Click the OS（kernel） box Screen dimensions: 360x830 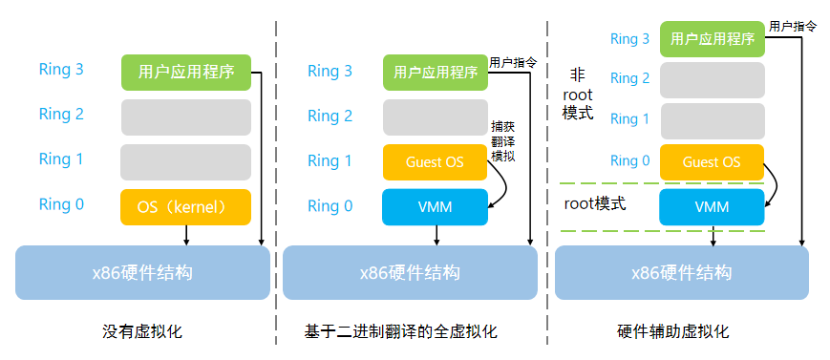click(185, 205)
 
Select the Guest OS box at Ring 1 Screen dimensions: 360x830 click(435, 162)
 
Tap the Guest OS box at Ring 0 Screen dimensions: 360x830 click(712, 162)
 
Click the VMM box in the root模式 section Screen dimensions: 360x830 click(712, 206)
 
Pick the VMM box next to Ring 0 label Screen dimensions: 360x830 click(435, 206)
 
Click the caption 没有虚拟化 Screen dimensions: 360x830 click(142, 332)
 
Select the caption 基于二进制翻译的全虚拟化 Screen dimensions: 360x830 click(401, 332)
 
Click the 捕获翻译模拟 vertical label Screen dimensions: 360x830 click(502, 140)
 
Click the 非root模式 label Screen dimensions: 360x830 click(578, 94)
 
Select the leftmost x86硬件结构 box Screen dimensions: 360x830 click(142, 272)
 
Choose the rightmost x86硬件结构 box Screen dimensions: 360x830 click(681, 272)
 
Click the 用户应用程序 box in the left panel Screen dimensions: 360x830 click(186, 72)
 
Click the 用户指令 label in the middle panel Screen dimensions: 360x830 click(513, 62)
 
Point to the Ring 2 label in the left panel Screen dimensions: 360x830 click(61, 115)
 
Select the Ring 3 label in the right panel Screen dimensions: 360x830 click(629, 39)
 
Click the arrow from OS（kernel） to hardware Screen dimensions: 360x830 click(186, 234)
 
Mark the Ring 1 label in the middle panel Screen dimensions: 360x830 click(330, 161)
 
